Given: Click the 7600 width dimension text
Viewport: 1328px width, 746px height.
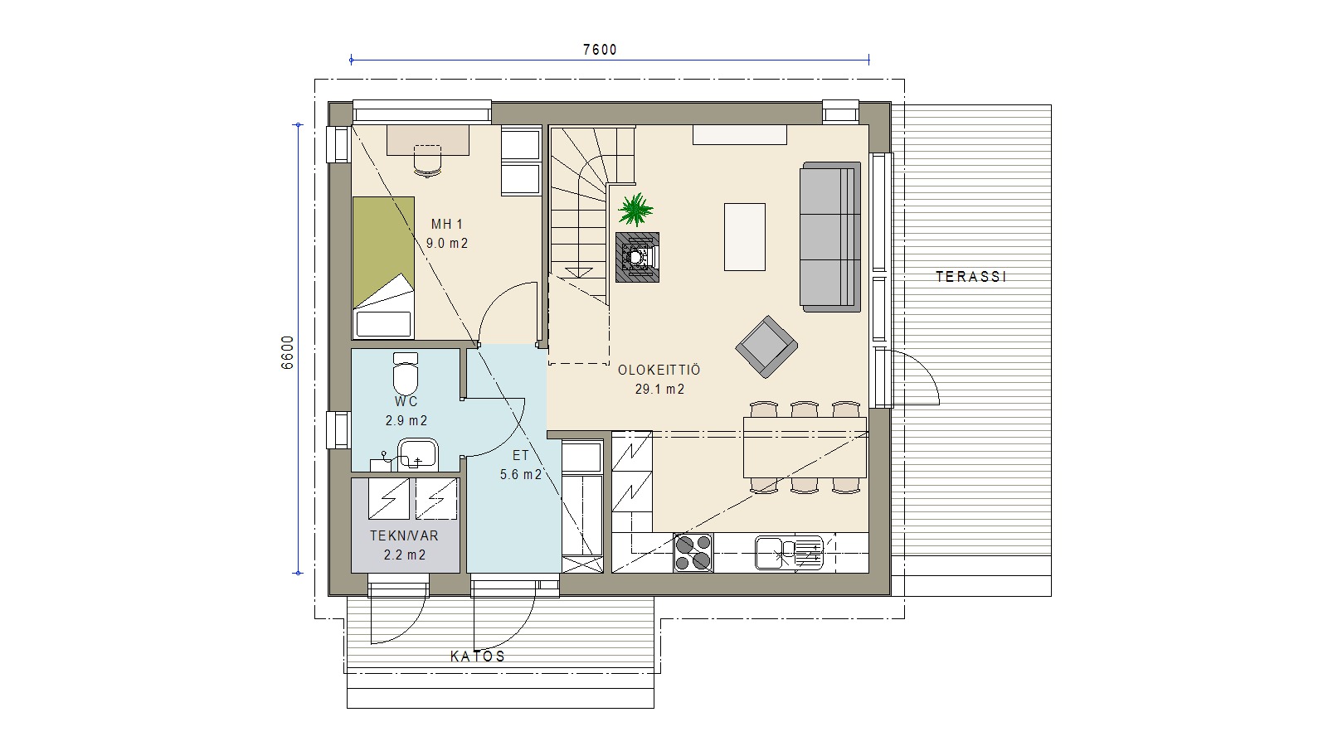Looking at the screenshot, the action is point(600,50).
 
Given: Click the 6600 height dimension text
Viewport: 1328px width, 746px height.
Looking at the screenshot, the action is point(287,352).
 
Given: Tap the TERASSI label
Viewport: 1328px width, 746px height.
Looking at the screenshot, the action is point(971,277).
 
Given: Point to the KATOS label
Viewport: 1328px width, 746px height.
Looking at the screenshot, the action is point(478,656).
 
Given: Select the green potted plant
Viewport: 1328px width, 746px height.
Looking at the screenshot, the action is point(635,210).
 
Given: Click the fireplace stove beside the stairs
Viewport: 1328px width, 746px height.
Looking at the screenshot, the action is point(637,257).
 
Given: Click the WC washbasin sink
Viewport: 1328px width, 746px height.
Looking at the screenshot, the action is point(417,454).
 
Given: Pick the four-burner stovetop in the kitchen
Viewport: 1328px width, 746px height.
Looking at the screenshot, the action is point(693,553).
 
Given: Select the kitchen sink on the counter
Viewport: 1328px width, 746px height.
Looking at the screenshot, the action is point(789,552).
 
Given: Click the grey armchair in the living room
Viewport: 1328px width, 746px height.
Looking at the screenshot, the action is point(766,346).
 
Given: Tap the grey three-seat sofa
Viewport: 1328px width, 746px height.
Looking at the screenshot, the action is point(830,237).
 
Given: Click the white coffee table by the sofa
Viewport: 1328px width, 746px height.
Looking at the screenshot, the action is point(745,237).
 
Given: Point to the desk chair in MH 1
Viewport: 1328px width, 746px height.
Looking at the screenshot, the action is point(427,161).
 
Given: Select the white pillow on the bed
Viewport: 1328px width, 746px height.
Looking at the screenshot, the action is point(383,325).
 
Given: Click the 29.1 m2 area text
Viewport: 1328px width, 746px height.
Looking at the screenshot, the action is point(659,390).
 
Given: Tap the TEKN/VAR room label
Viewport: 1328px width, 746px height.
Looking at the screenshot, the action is point(404,535).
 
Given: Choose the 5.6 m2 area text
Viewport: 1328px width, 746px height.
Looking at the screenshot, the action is point(521,475).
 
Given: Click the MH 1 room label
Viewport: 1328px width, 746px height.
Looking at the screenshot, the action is point(446,224).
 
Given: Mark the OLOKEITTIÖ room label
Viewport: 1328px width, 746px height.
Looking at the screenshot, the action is point(659,369).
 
